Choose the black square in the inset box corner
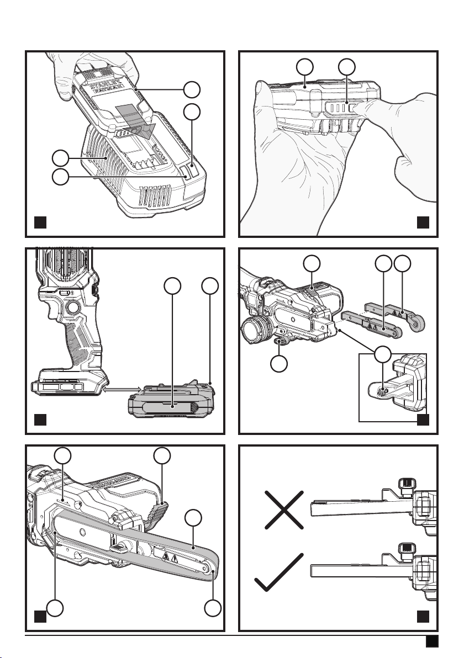423,420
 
